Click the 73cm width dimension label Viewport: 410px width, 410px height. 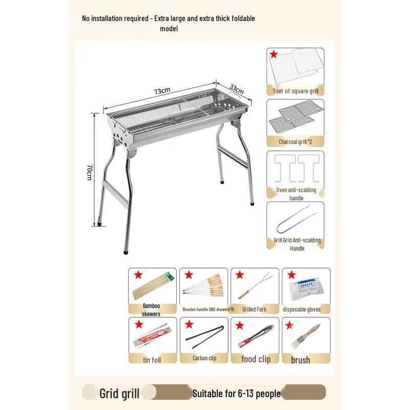[x=162, y=91]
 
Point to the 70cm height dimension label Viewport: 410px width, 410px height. [x=89, y=172]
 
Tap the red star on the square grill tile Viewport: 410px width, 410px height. [x=274, y=54]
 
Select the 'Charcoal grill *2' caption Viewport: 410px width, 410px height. [x=295, y=141]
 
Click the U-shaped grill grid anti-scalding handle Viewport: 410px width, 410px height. [x=295, y=221]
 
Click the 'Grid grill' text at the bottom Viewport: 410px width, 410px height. [x=119, y=394]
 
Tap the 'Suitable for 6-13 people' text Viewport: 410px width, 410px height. [x=237, y=394]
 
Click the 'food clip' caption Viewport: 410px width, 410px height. [x=256, y=359]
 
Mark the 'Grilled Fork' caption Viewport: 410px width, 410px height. [x=255, y=310]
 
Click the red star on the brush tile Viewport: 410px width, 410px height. [x=290, y=324]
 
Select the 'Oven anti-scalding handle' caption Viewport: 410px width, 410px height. [x=296, y=194]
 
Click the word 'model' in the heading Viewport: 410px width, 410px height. [x=169, y=29]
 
